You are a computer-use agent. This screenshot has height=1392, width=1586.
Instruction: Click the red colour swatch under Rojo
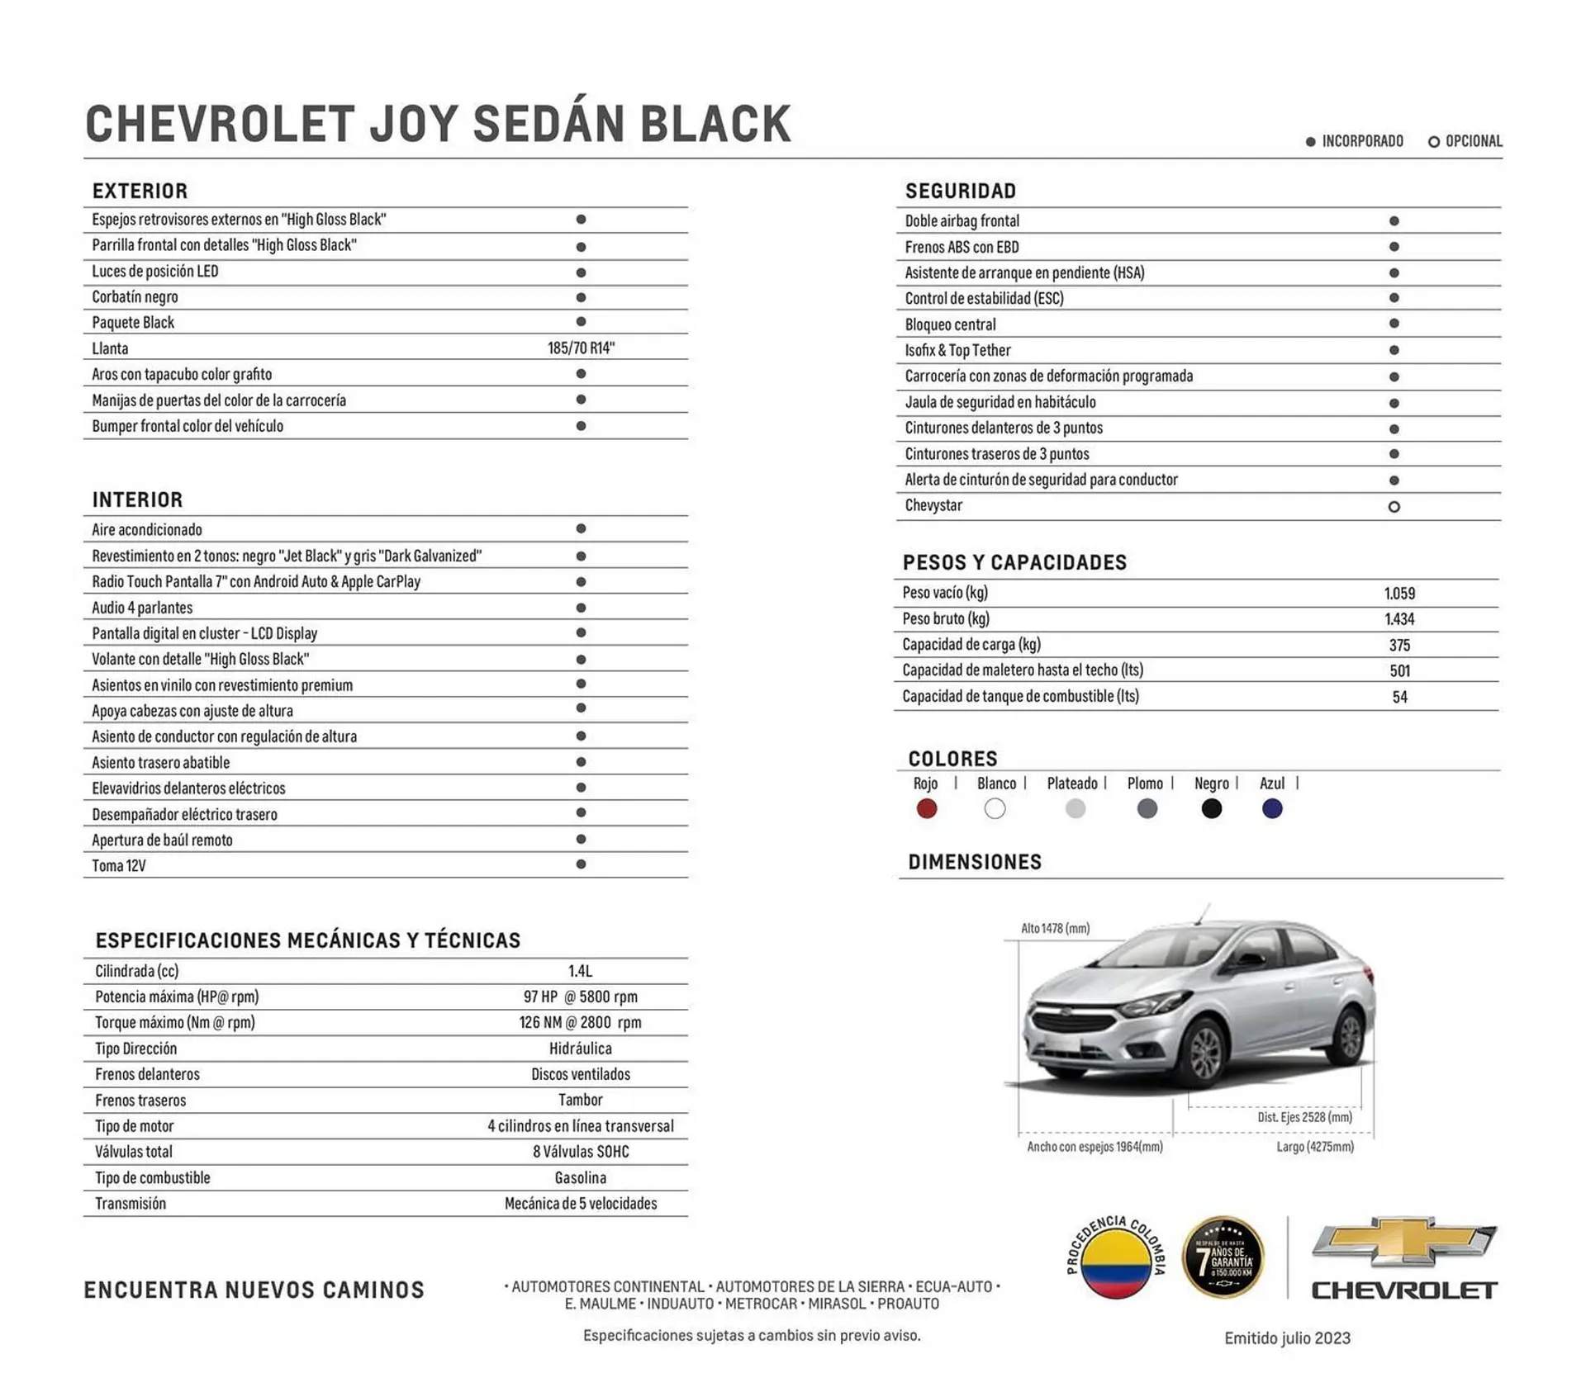(x=926, y=808)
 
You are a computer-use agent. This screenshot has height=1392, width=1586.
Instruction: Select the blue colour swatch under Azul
(x=1272, y=808)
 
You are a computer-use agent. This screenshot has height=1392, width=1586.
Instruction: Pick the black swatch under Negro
(x=1211, y=808)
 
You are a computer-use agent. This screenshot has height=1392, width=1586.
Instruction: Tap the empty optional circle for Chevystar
(x=1394, y=507)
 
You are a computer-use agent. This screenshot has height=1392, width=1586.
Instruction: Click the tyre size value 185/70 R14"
(x=581, y=348)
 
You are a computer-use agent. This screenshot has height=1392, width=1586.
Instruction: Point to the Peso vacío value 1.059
(x=1399, y=594)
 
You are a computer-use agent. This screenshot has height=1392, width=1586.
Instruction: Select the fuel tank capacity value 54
(x=1399, y=697)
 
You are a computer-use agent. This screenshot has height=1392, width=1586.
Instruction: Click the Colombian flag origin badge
(x=1116, y=1257)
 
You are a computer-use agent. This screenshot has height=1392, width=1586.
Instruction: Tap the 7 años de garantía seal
(x=1223, y=1257)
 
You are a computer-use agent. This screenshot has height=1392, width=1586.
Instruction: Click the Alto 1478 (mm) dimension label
(x=1055, y=929)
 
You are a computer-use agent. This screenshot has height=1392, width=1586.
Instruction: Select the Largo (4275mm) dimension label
(x=1314, y=1147)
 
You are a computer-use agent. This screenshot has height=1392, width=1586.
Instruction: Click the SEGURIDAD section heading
(x=961, y=192)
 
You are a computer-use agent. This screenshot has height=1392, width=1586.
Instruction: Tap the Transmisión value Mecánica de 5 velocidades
(x=581, y=1204)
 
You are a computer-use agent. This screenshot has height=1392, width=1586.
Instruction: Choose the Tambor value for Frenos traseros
(x=581, y=1100)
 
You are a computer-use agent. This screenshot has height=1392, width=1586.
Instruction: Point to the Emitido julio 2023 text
(x=1287, y=1338)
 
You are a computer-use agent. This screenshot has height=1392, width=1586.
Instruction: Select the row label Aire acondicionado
(x=147, y=530)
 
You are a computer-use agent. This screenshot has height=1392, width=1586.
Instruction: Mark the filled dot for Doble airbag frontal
(x=1394, y=221)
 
